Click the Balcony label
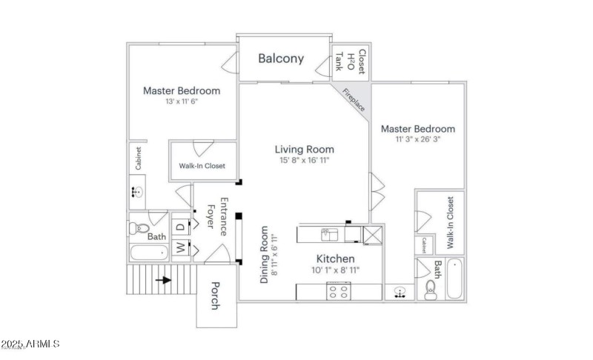click(281, 59)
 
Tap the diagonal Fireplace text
click(353, 99)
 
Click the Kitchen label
click(335, 259)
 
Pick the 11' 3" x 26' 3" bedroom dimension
click(417, 140)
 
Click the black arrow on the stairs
click(165, 280)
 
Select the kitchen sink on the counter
click(328, 234)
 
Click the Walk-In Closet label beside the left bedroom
click(202, 166)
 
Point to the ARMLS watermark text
click(30, 344)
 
